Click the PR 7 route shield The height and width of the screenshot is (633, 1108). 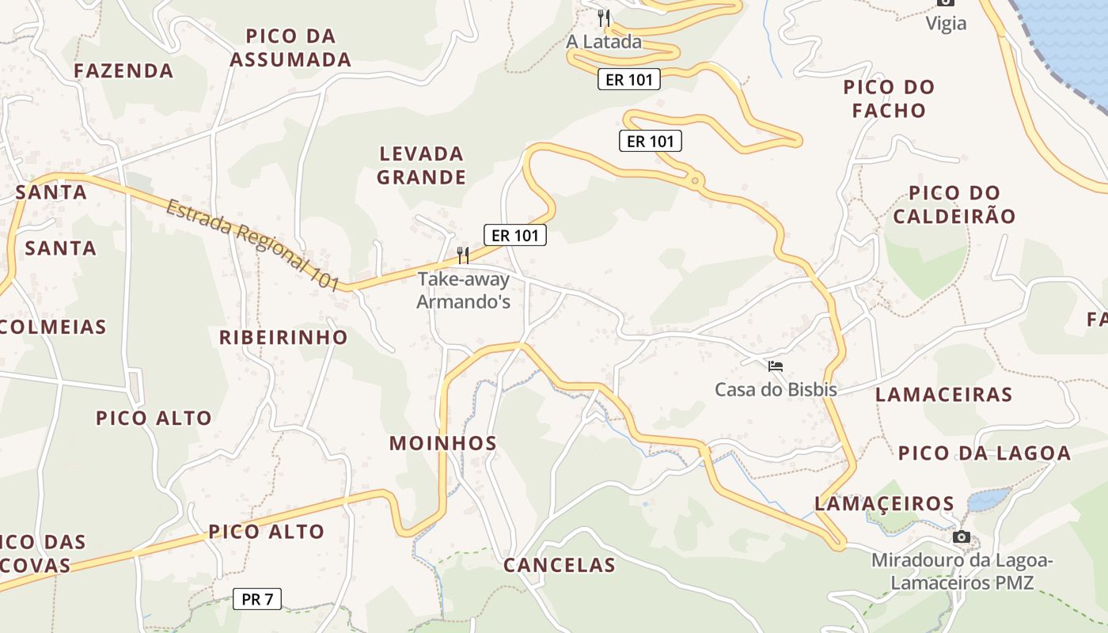257,599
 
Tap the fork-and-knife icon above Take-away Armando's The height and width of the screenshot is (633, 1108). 463,255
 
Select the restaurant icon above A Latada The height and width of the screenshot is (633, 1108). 604,17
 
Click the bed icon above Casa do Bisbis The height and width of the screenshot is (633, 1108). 776,366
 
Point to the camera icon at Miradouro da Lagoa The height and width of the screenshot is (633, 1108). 962,537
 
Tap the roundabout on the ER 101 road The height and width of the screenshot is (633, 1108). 695,181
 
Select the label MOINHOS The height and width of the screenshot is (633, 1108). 442,443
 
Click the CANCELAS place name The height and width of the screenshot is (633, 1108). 559,565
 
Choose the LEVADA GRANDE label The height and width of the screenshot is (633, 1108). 421,165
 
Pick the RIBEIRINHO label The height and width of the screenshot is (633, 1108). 283,337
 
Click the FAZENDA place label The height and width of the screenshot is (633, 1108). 123,70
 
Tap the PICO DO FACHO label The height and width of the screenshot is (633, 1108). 889,98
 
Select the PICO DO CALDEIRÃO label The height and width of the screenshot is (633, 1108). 954,204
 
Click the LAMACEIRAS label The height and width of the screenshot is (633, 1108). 943,394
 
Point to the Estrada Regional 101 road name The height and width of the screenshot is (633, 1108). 253,244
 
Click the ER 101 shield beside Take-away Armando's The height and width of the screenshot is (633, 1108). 515,235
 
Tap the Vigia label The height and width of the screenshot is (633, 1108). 947,24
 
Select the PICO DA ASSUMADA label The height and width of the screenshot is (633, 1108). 290,47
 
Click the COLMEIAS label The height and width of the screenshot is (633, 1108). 54,327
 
